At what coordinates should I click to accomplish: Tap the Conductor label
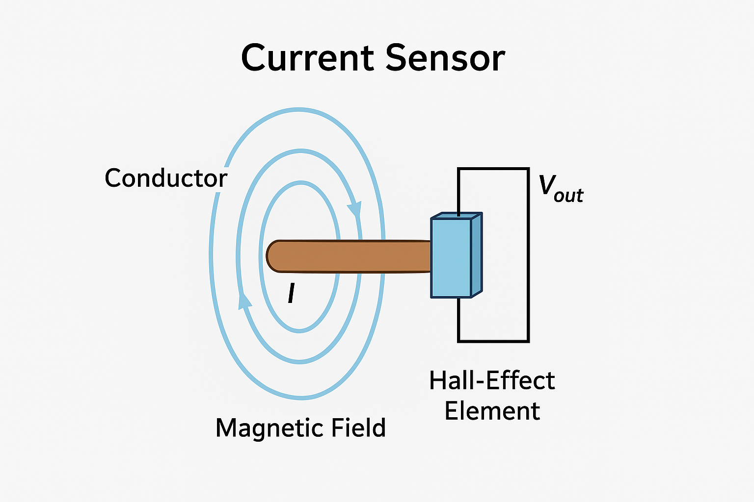[166, 178]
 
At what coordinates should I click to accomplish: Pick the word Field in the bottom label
[359, 427]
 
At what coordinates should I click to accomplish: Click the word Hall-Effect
[492, 380]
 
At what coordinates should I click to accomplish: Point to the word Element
[492, 411]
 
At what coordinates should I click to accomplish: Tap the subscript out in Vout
[568, 196]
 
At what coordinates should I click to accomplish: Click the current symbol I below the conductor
[291, 294]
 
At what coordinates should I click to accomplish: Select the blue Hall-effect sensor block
[451, 258]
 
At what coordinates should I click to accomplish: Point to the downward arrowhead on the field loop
[354, 209]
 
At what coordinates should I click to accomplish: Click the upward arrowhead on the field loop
[244, 300]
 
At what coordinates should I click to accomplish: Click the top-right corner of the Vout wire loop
[528, 169]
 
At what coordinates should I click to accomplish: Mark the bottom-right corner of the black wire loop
[528, 341]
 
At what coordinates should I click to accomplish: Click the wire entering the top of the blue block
[458, 196]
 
